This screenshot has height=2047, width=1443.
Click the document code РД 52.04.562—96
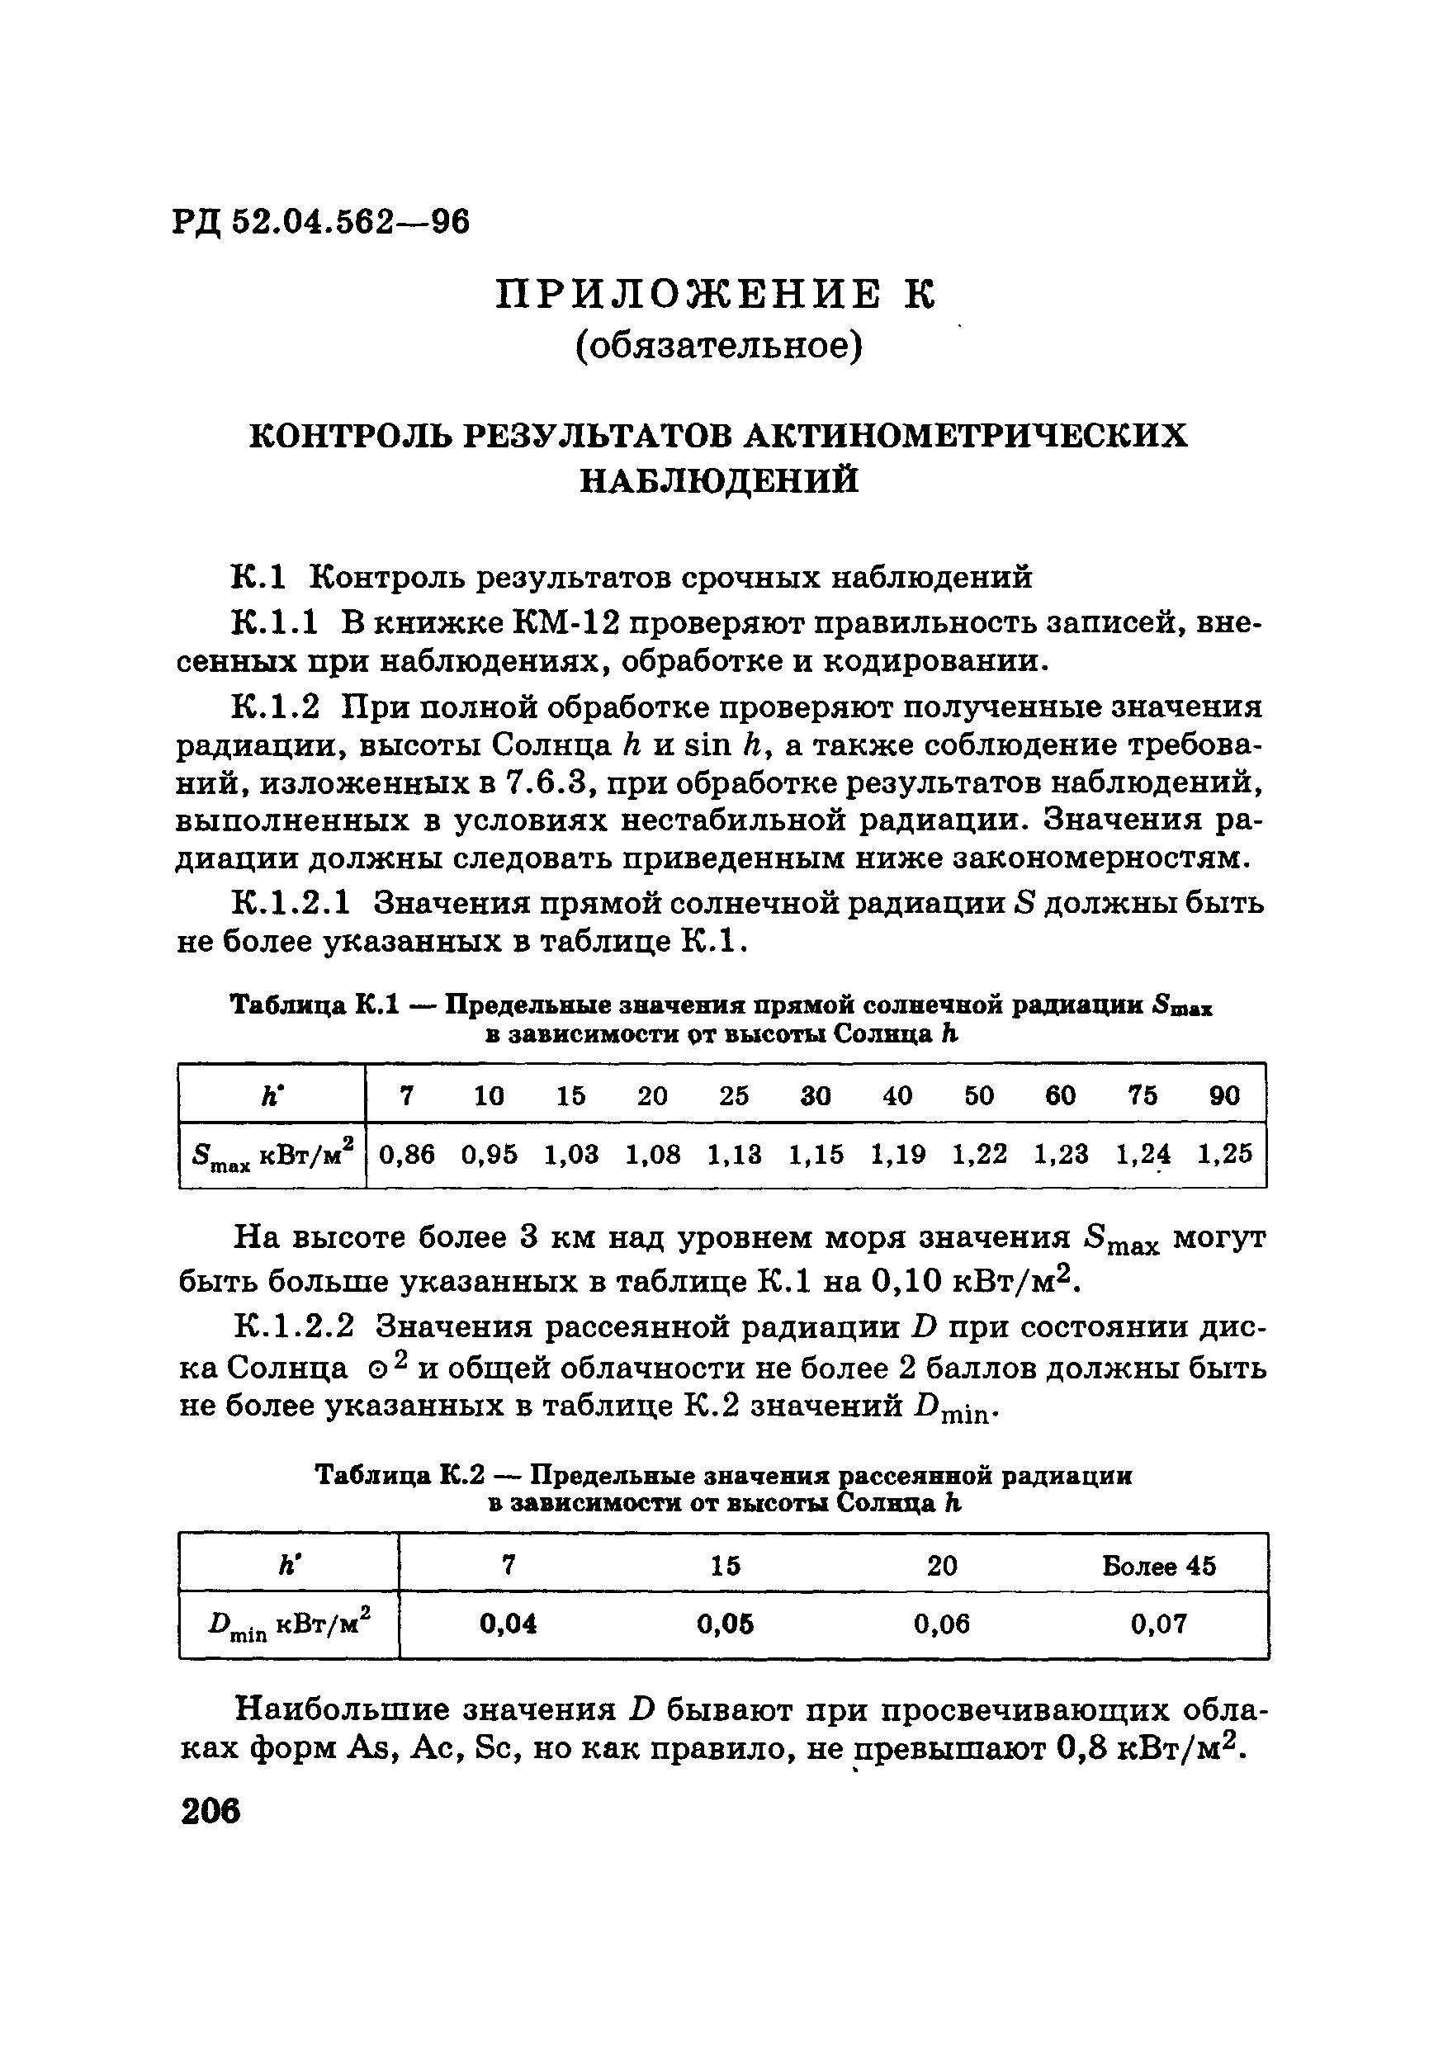[x=322, y=221]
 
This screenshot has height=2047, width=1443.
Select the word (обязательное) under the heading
[x=719, y=347]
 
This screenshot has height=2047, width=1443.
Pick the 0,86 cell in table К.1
[x=407, y=1155]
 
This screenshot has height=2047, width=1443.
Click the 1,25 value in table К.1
[x=1224, y=1155]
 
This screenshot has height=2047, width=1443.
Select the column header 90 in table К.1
[x=1224, y=1094]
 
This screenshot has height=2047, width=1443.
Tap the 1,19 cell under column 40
[x=897, y=1155]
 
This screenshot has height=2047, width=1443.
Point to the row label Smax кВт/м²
[x=273, y=1156]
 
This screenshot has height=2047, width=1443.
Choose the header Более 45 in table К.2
[x=1158, y=1567]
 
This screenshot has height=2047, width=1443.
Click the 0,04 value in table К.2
[x=509, y=1624]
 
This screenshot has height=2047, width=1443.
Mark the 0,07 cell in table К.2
[x=1158, y=1624]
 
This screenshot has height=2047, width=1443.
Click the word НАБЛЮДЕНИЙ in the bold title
[x=719, y=480]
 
